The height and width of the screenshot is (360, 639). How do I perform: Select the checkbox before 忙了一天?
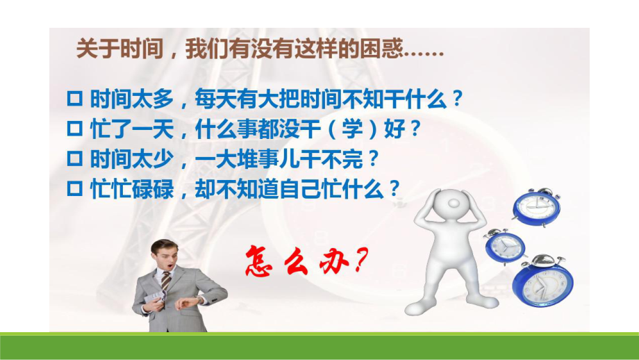click(78, 129)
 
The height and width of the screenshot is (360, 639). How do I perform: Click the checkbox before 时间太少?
click(78, 158)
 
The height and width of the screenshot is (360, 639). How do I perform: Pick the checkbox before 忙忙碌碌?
click(78, 188)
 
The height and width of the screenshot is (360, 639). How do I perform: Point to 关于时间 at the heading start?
click(111, 51)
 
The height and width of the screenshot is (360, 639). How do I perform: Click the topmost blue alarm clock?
click(536, 206)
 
